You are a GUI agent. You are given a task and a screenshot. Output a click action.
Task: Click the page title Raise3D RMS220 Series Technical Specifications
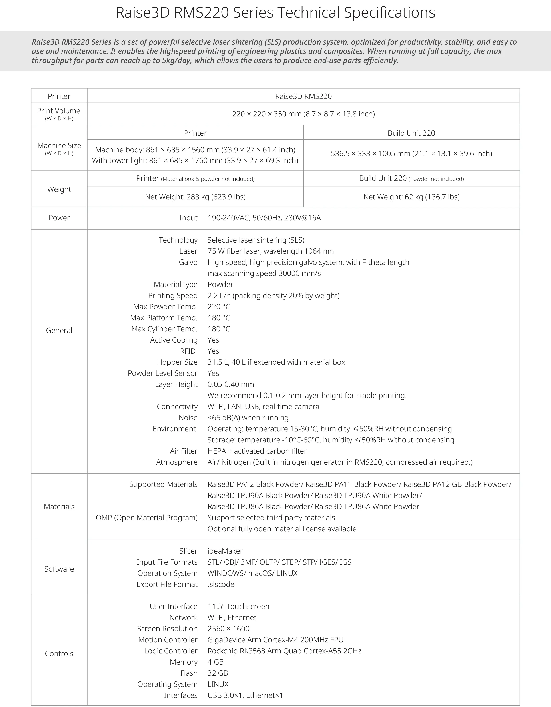pyautogui.click(x=275, y=13)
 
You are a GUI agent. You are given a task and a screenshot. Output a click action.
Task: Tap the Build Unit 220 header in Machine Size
pyautogui.click(x=411, y=133)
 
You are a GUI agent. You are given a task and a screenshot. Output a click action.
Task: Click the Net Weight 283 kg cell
pyautogui.click(x=195, y=197)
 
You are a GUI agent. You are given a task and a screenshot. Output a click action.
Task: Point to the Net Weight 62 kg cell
pyautogui.click(x=411, y=197)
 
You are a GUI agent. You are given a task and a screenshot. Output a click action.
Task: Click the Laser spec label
pyautogui.click(x=188, y=251)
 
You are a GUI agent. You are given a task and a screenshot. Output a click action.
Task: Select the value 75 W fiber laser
pyautogui.click(x=270, y=251)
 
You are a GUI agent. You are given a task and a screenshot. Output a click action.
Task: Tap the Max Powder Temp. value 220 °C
pyautogui.click(x=219, y=307)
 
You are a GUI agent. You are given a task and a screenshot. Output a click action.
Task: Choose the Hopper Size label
pyautogui.click(x=177, y=362)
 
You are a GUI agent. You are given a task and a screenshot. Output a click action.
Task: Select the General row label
pyautogui.click(x=59, y=331)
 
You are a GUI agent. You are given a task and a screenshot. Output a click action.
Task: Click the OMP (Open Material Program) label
pyautogui.click(x=146, y=518)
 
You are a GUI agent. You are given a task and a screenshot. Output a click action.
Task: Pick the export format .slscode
pyautogui.click(x=221, y=584)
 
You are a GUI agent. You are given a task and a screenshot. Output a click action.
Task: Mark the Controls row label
pyautogui.click(x=59, y=654)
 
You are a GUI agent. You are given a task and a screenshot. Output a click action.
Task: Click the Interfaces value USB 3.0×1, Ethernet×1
pyautogui.click(x=245, y=695)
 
